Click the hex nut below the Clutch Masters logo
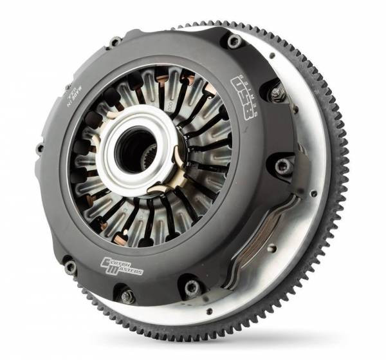(x=126, y=296)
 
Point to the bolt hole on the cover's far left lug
(x=40, y=148)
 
